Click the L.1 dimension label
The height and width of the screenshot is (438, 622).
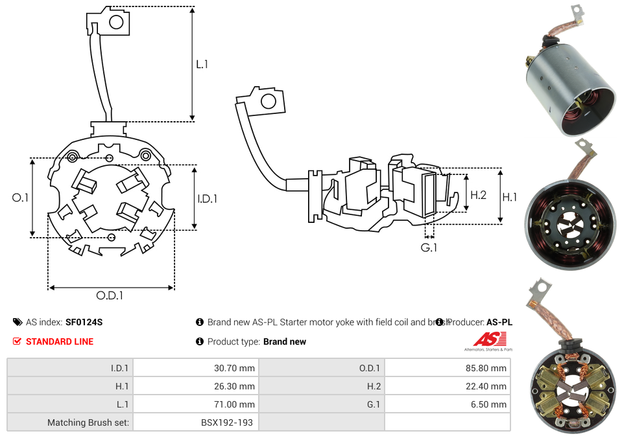pos(202,64)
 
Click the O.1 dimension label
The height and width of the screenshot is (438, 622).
pos(21,198)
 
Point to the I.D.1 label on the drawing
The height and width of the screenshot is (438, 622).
pos(208,199)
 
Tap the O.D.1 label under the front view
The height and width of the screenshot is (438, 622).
pos(110,295)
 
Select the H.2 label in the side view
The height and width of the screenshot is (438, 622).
pos(478,194)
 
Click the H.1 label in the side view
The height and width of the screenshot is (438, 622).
pos(510,197)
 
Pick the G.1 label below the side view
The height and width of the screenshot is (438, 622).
pos(429,248)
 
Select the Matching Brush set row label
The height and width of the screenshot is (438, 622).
pos(88,422)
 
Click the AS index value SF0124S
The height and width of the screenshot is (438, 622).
pos(84,322)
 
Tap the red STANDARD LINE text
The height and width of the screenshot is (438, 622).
pos(60,341)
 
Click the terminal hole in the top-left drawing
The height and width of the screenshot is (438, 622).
pos(117,23)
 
